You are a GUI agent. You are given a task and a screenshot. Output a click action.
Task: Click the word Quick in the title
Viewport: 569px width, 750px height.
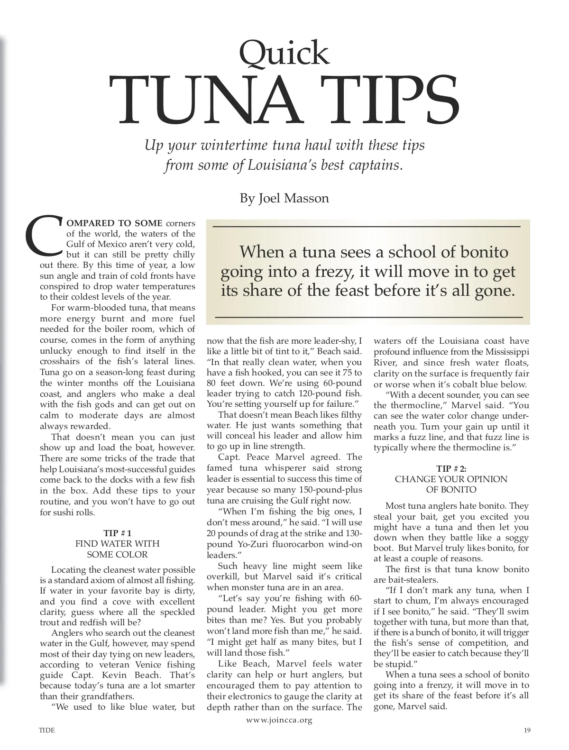point(284,53)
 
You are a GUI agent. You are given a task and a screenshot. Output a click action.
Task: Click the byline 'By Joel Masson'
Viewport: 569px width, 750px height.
point(284,198)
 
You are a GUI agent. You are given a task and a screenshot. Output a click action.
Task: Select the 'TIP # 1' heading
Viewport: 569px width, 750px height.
point(117,533)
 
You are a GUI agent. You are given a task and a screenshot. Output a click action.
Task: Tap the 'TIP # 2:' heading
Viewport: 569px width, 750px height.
point(451,468)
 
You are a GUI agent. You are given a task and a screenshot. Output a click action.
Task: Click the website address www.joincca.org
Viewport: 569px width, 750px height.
point(279,720)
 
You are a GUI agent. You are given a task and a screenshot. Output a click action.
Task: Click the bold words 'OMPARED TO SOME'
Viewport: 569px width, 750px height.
point(113,223)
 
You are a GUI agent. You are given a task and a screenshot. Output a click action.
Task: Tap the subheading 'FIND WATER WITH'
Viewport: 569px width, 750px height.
point(117,543)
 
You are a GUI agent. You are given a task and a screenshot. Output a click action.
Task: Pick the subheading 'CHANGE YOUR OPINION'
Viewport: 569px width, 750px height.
point(451,479)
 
